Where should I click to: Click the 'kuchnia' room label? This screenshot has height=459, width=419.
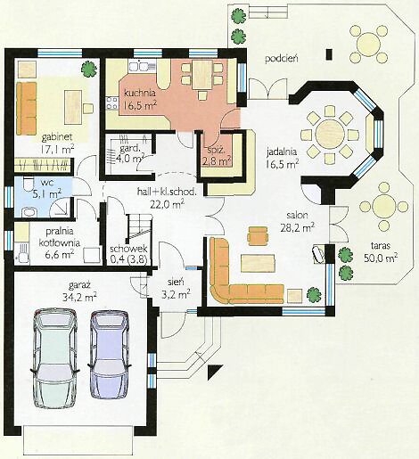(x=140, y=93)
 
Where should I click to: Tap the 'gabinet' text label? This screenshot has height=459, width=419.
(x=57, y=137)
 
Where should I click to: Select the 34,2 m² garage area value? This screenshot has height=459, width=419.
(x=79, y=297)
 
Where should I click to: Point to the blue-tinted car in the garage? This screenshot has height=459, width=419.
(x=110, y=355)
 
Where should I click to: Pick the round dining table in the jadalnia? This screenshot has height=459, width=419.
(x=330, y=135)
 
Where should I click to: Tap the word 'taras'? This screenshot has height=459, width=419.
(x=381, y=246)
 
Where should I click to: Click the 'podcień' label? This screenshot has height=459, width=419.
(x=281, y=59)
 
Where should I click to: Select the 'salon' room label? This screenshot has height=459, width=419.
(x=297, y=215)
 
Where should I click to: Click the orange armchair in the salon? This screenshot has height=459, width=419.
(x=258, y=236)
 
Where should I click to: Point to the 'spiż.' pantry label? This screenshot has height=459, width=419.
(x=215, y=150)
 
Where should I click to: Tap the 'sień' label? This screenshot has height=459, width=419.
(x=176, y=281)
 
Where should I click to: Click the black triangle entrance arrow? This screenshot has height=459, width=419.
(x=213, y=370)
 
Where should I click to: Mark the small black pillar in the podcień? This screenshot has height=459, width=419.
(x=329, y=54)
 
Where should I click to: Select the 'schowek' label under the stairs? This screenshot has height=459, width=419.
(x=128, y=249)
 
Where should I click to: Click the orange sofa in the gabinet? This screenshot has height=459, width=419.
(x=27, y=108)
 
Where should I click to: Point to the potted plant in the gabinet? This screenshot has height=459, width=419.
(x=89, y=70)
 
